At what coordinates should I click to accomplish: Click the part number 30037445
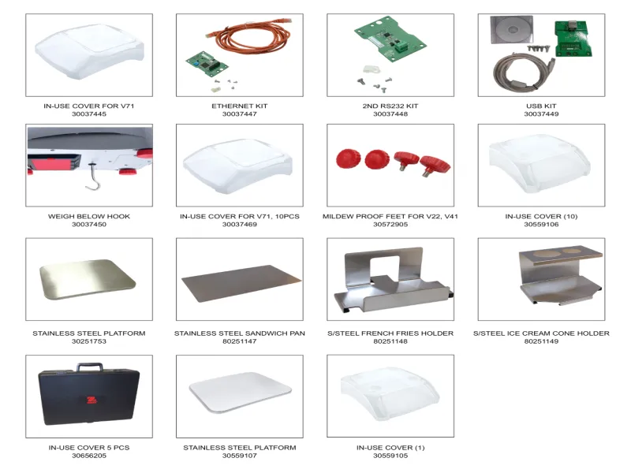(x=88, y=114)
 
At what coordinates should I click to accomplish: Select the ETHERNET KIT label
(x=239, y=105)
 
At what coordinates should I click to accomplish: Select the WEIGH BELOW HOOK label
(x=88, y=215)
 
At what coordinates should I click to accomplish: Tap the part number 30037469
(x=239, y=225)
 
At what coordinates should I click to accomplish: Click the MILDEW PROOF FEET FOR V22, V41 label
(x=390, y=215)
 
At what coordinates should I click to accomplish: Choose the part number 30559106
(x=541, y=225)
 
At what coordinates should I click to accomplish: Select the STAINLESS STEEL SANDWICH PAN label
(x=239, y=333)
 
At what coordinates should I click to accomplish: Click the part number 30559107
(x=239, y=456)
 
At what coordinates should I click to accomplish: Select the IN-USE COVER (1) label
(x=390, y=447)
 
